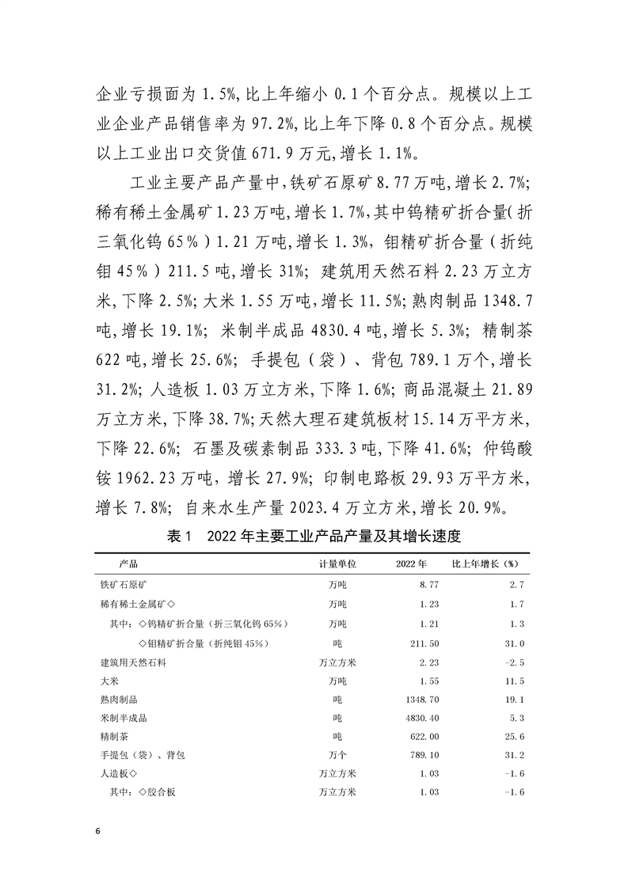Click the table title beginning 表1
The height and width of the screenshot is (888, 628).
(314, 537)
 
